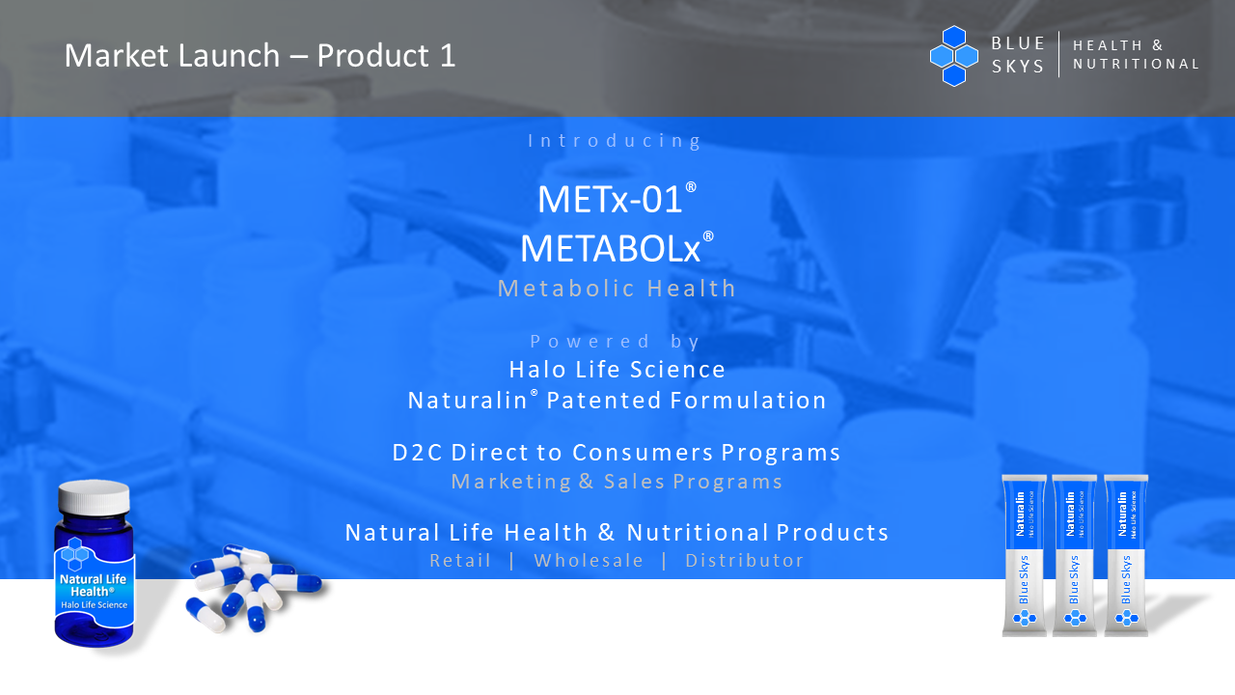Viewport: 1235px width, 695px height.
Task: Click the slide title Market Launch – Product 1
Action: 260,56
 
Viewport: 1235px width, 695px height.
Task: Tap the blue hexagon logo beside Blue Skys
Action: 954,56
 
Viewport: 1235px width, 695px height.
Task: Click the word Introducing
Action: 616,141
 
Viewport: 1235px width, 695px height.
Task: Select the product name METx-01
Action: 610,199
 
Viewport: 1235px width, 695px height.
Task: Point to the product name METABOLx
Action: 611,249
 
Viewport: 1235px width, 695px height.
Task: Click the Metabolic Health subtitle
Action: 617,289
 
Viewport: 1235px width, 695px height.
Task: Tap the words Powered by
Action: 616,342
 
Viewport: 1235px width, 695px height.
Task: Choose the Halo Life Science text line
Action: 617,370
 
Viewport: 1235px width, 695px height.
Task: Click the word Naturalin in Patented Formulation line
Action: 468,401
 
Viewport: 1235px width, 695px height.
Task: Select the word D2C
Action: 418,453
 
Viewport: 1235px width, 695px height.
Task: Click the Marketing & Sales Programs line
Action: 617,482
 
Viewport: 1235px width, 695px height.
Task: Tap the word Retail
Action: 460,561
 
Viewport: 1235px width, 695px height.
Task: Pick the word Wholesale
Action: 589,561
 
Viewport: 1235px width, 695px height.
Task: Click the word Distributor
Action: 744,561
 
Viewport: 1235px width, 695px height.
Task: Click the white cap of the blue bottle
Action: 95,497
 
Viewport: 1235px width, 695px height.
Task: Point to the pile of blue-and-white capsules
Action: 255,588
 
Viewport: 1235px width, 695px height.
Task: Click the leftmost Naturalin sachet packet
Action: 1024,555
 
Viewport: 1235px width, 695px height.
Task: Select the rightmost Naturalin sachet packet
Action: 1126,555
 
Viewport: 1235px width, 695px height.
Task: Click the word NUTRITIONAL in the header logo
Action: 1136,64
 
